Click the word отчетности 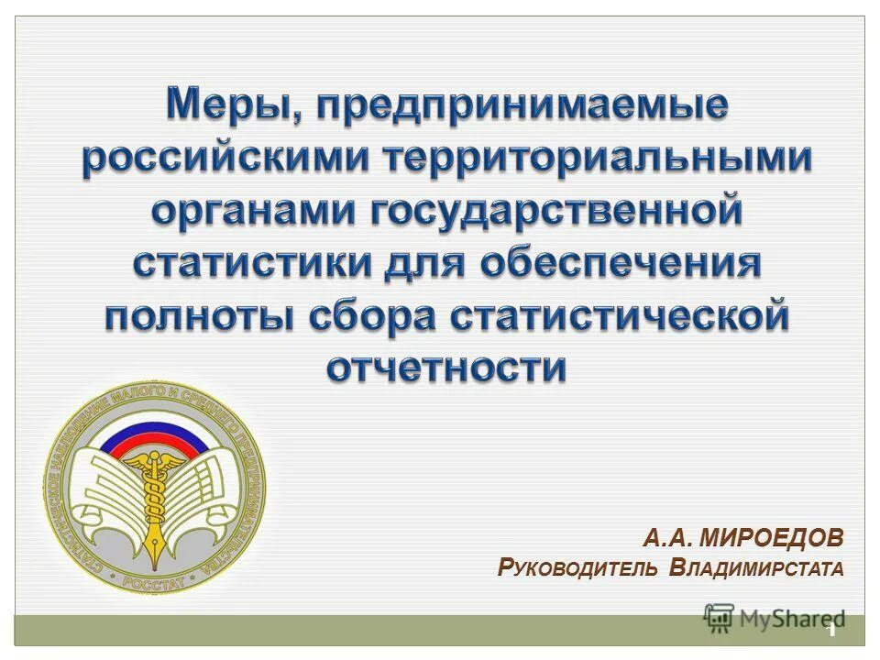click(x=446, y=368)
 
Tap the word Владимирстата click(x=756, y=569)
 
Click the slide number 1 click(x=832, y=631)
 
